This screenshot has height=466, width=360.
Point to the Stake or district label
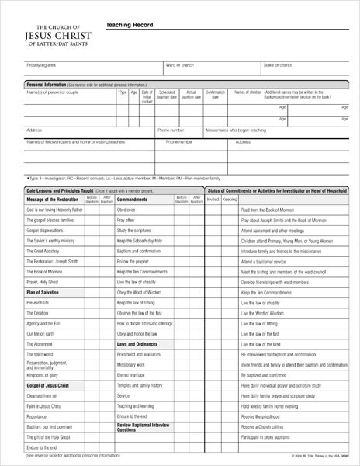click(278, 64)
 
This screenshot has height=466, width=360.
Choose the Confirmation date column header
click(215, 94)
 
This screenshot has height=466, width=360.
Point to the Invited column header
click(213, 200)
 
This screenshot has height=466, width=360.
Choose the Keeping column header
click(230, 200)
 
